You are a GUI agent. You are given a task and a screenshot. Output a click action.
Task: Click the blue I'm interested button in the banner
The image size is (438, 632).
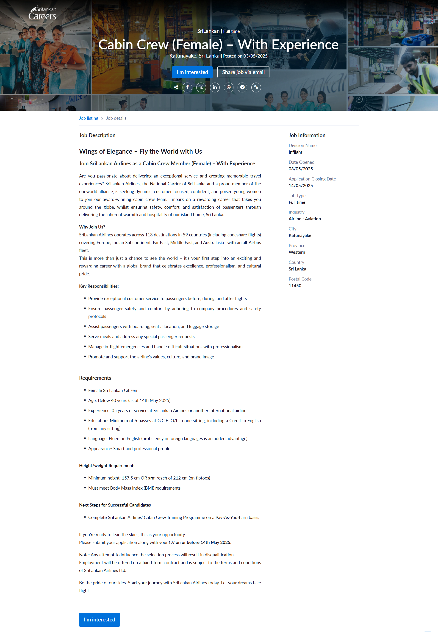(192, 72)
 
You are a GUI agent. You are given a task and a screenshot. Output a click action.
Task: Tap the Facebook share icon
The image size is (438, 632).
(187, 88)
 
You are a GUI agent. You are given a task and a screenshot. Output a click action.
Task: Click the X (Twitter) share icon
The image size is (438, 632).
(201, 88)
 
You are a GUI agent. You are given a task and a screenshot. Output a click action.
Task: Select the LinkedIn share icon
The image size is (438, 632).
(215, 88)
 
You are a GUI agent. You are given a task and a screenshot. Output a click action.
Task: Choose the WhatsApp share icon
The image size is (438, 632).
(229, 88)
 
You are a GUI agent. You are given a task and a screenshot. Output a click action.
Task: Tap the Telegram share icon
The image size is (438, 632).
(242, 88)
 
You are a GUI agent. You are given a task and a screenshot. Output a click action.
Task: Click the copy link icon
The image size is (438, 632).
(256, 88)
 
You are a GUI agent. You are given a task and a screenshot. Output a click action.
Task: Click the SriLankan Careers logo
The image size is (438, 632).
(42, 13)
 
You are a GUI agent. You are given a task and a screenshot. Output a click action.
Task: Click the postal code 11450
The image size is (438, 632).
(295, 286)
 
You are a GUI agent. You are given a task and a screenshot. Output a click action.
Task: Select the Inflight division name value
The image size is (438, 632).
(295, 152)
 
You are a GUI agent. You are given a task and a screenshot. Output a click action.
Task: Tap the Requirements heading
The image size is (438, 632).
(95, 378)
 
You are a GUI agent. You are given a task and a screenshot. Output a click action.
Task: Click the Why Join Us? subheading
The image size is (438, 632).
(92, 227)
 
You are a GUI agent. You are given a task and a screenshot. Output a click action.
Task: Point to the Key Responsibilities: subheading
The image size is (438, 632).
(99, 286)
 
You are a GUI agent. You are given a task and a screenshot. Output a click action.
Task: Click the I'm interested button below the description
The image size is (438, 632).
(99, 619)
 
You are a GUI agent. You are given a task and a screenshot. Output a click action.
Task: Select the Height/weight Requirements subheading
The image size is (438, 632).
(107, 466)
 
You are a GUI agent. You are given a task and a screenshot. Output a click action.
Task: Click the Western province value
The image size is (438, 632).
(297, 252)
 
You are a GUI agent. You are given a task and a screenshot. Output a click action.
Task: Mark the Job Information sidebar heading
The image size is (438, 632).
(307, 135)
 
